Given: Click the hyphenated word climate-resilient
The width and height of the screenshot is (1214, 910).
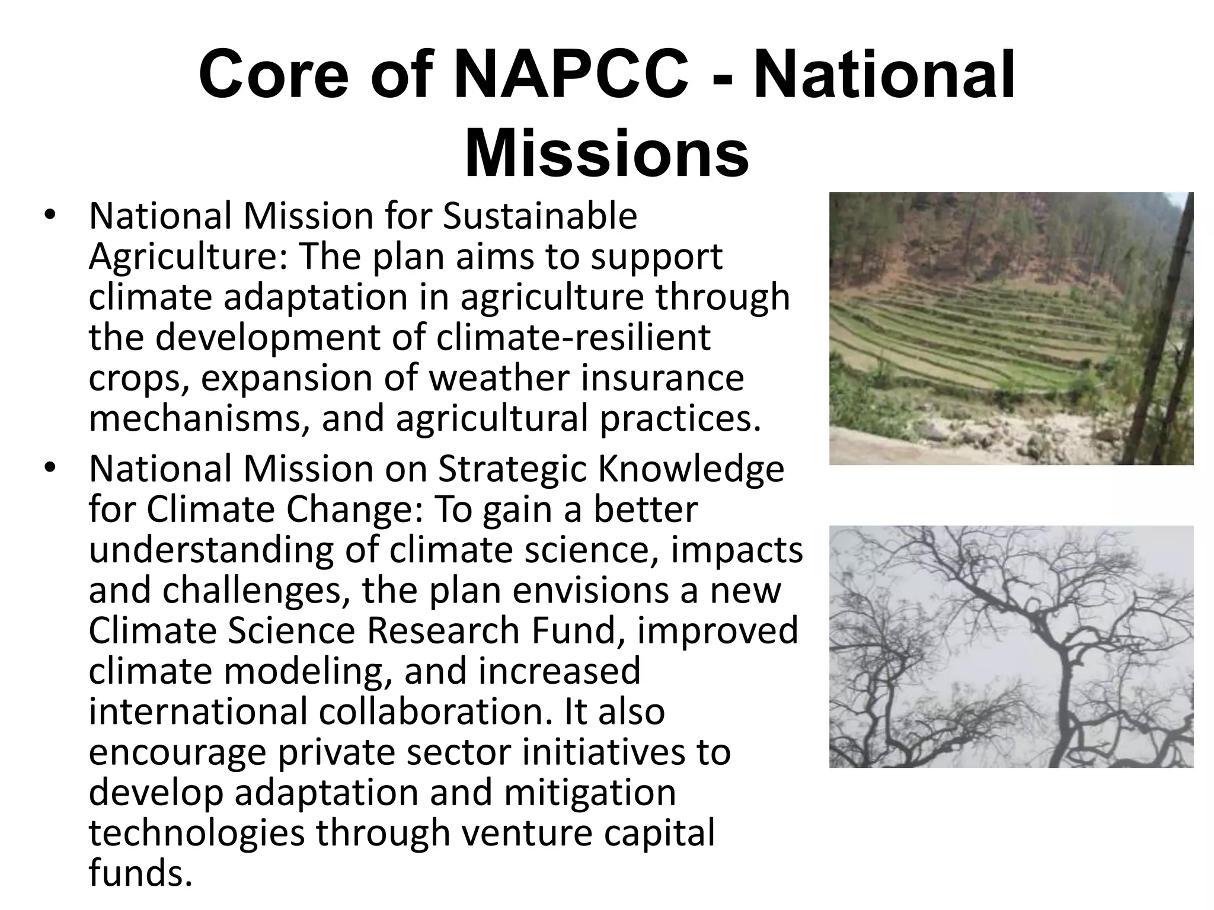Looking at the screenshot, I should point(573,337).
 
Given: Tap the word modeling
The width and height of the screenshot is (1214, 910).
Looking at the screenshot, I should point(308,671).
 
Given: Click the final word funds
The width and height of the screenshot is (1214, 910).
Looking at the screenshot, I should point(140,873).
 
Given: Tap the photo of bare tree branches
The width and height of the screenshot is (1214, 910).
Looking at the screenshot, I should point(1011,646).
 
